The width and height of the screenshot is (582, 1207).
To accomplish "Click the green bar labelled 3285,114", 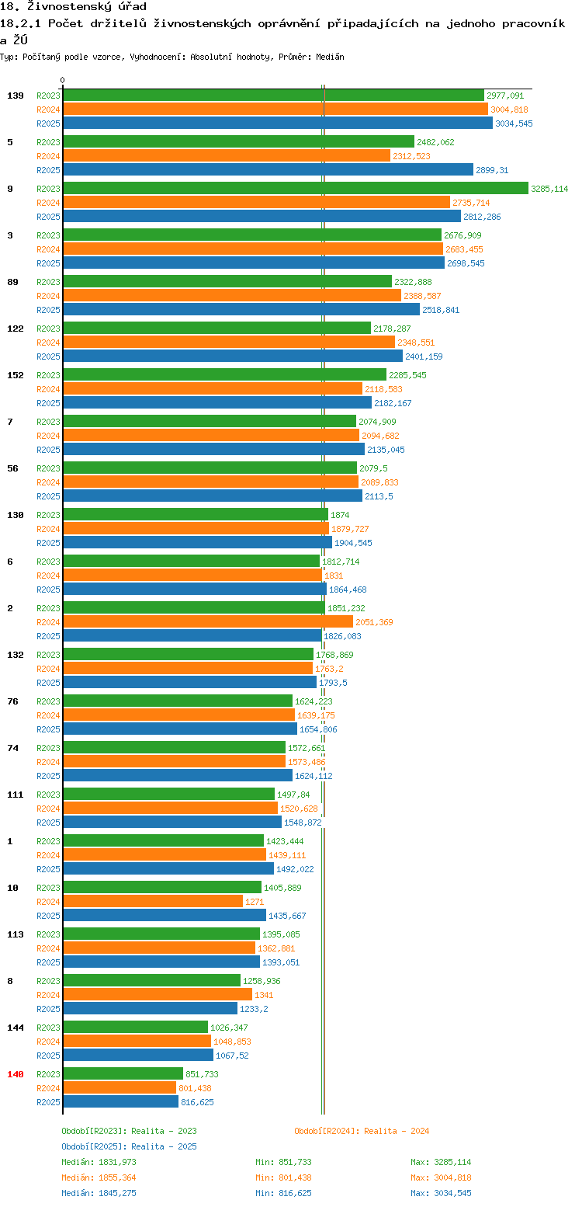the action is pos(296,188).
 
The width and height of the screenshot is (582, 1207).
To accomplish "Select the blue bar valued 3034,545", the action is pos(278,123).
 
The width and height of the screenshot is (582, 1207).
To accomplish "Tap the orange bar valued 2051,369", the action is pos(208,622).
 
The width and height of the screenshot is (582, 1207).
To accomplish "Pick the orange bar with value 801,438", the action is pos(120,1088).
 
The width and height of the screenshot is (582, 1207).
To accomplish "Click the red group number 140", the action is pos(15,1074).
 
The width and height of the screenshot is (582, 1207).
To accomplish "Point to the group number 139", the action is pos(15,96).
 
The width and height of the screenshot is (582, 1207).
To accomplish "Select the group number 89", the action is pos(12,282).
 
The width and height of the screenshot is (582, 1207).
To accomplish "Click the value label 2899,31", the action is pos(492,170).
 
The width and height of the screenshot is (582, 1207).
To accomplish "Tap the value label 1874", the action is pos(340,515).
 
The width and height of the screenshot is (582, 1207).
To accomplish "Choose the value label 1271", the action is pos(255,902).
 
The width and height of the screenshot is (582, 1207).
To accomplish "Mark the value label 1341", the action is pos(264,995).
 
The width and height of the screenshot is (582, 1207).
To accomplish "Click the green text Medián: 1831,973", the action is pos(99,1162).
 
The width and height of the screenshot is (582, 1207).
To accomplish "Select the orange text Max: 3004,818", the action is pos(441,1177).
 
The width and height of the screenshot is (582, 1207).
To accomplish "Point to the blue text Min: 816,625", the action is pos(283,1193).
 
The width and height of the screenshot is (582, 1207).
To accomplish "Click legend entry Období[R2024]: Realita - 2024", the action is pos(362,1131).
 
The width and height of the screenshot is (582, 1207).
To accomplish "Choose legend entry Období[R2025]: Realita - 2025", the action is pos(130,1146).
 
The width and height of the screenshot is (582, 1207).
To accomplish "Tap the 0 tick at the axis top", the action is pos(62,80).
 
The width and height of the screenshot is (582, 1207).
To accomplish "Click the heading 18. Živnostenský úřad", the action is pos(73,6).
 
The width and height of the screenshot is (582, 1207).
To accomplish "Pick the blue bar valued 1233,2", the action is pos(151,1008).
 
